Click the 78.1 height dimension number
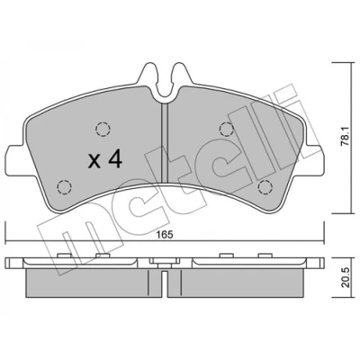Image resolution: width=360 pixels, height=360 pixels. pos(346,137)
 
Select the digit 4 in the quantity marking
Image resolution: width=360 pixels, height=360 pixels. pos(115,158)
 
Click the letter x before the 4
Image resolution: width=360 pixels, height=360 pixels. pos(94,161)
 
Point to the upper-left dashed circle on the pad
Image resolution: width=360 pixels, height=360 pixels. pos(103,130)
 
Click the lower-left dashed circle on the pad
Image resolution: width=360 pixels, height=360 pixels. pos(64,187)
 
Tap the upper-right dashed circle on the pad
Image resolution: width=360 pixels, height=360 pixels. pos(227,130)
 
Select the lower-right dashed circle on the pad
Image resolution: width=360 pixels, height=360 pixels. pos(265,187)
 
